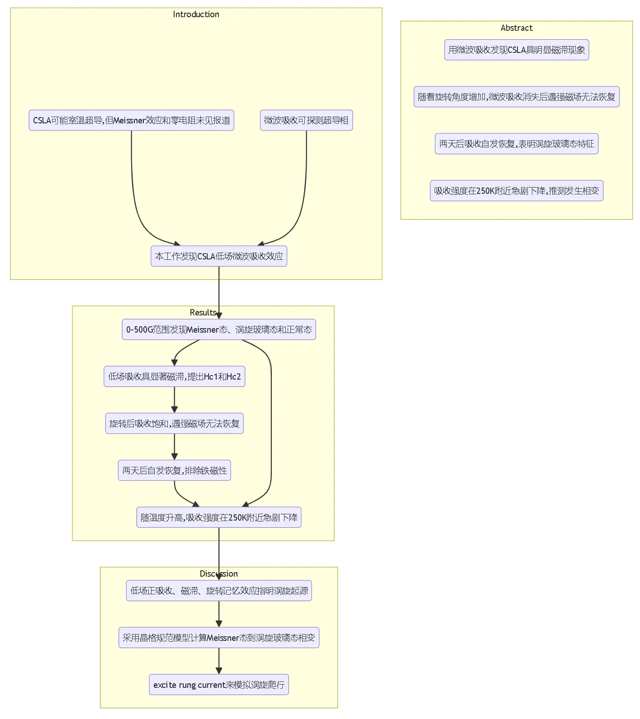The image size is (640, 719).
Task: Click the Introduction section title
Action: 196,14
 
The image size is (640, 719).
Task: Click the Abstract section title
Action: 517,28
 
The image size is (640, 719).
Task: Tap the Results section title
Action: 203,313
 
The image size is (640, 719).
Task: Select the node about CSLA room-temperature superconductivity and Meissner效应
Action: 131,120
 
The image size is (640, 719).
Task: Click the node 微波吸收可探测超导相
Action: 306,120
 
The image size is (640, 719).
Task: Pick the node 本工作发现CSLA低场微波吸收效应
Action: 219,256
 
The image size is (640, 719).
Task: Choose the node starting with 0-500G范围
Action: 219,329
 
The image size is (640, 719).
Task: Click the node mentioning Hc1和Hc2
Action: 175,376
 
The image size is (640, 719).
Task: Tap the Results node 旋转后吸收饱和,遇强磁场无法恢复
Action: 175,423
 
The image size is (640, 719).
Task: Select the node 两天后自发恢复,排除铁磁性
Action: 175,470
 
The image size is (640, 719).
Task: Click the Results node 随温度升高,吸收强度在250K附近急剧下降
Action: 219,517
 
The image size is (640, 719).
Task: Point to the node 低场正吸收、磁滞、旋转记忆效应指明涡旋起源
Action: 219,591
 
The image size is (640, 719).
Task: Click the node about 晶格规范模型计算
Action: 219,638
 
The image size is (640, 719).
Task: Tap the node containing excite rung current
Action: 219,685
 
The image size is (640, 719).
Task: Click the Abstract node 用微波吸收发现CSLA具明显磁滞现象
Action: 517,50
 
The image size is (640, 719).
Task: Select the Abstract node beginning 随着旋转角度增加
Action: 517,97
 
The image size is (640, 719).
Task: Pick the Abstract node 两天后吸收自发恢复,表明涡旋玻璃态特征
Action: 517,144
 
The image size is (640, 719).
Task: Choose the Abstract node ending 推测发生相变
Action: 517,191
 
